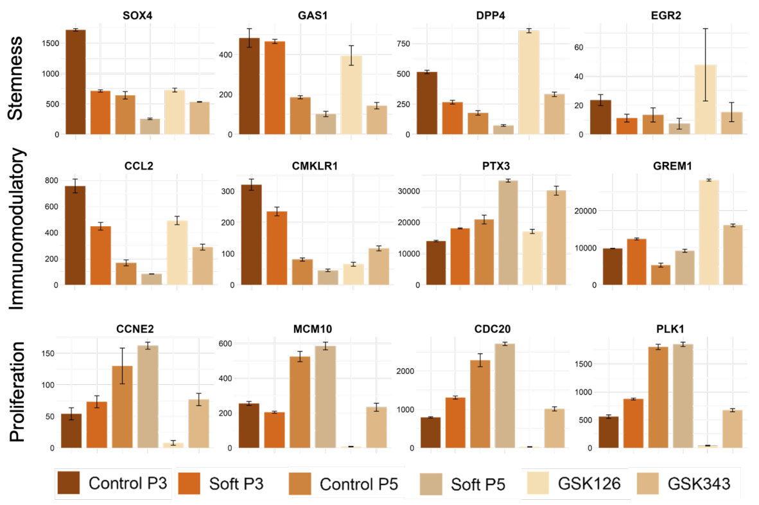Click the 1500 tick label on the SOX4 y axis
click(50, 43)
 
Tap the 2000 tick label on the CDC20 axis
click(418, 371)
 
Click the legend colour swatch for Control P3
click(68, 483)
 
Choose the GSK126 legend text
click(589, 483)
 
